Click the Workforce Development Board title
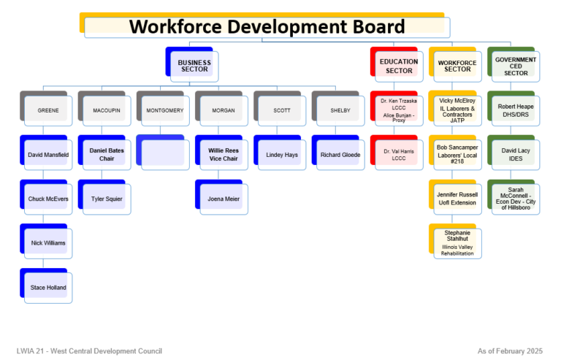point(267,27)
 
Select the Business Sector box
point(194,66)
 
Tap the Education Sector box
point(399,66)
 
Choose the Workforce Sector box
point(457,66)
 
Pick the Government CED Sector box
point(515,66)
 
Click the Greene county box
point(47,110)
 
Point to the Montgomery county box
point(164,110)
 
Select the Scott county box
point(281,110)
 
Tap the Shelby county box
point(340,110)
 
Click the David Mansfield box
point(47,155)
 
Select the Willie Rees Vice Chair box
point(223,154)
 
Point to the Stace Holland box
point(47,288)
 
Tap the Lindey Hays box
point(281,155)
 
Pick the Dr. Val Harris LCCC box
point(398,154)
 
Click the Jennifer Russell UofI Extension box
point(457,199)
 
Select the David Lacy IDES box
point(515,154)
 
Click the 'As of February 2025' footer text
point(510,351)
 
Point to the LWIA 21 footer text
point(89,351)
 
